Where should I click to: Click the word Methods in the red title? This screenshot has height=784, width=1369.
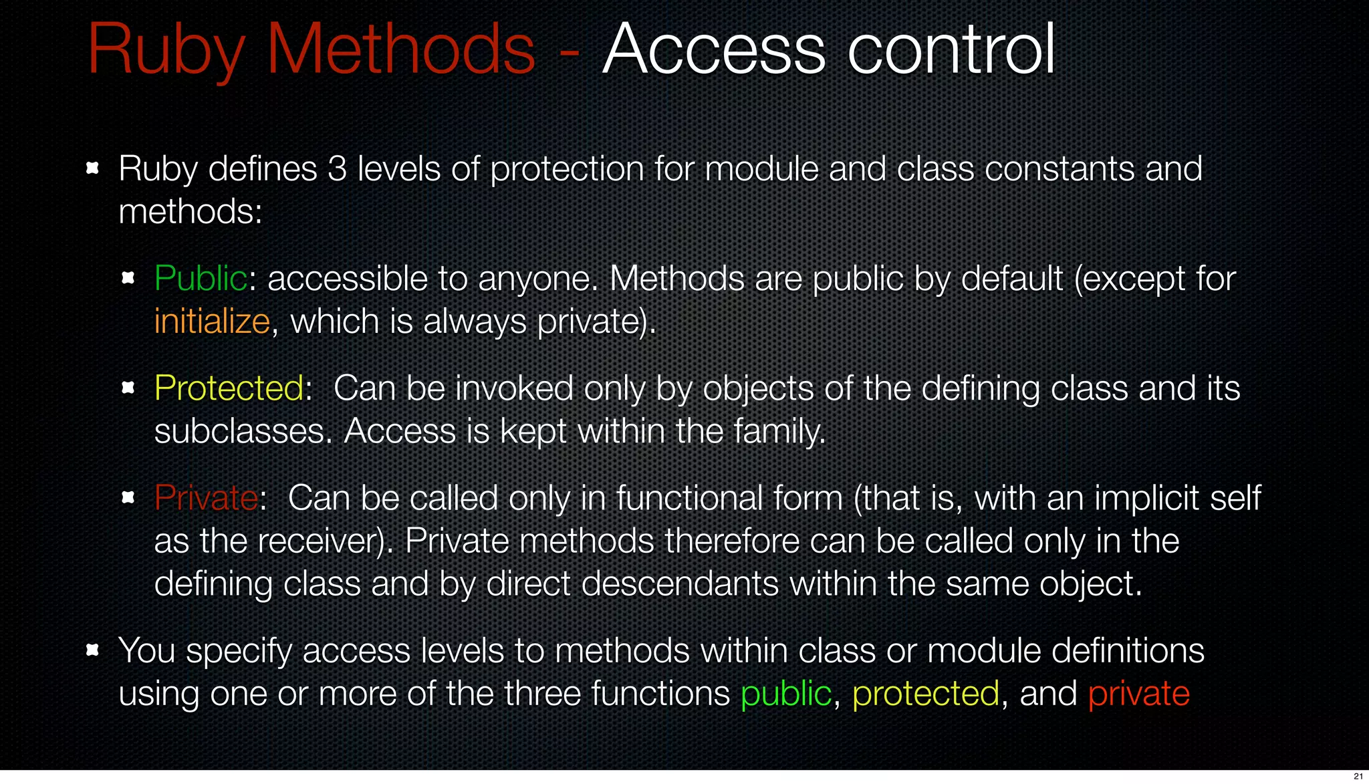[401, 49]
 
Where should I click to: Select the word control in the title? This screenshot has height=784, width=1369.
[952, 49]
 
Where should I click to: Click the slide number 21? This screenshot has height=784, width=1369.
[1358, 776]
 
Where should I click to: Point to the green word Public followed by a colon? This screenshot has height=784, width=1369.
[201, 279]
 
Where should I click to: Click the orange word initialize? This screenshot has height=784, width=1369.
[212, 321]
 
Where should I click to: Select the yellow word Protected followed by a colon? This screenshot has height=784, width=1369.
[229, 388]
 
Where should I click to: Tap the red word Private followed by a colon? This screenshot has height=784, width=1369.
[206, 498]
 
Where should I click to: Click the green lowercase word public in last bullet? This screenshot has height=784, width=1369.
[785, 694]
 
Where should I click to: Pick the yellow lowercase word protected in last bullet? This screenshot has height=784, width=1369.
[926, 694]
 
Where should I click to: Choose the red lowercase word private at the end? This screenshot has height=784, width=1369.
[1138, 694]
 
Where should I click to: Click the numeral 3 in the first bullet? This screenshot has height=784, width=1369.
[338, 169]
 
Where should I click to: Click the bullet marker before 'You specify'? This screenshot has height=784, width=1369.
[93, 650]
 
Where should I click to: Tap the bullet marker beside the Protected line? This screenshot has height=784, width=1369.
[128, 387]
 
